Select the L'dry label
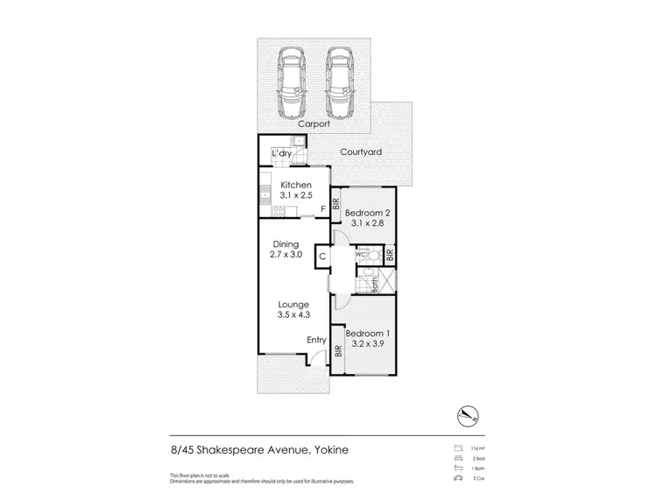pyautogui.click(x=281, y=154)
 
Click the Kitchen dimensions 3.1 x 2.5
pyautogui.click(x=295, y=198)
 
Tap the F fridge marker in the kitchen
pyautogui.click(x=323, y=208)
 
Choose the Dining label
pyautogui.click(x=286, y=244)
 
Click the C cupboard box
pyautogui.click(x=322, y=257)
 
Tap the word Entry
pyautogui.click(x=316, y=341)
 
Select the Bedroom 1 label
pyautogui.click(x=367, y=333)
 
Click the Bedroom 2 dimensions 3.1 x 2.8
pyautogui.click(x=367, y=224)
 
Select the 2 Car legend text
pyautogui.click(x=479, y=480)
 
